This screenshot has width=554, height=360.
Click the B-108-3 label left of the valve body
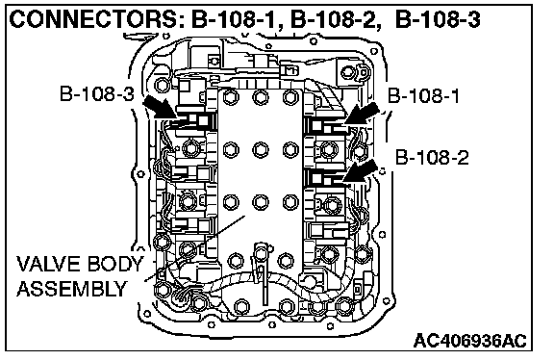97,94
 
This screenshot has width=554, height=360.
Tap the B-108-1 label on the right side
423,95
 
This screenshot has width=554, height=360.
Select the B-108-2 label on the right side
432,157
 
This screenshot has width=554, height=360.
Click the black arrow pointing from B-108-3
161,107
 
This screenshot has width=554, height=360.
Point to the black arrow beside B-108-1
363,113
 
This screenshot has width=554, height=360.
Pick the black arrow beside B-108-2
360,171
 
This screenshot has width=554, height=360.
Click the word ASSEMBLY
72,289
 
